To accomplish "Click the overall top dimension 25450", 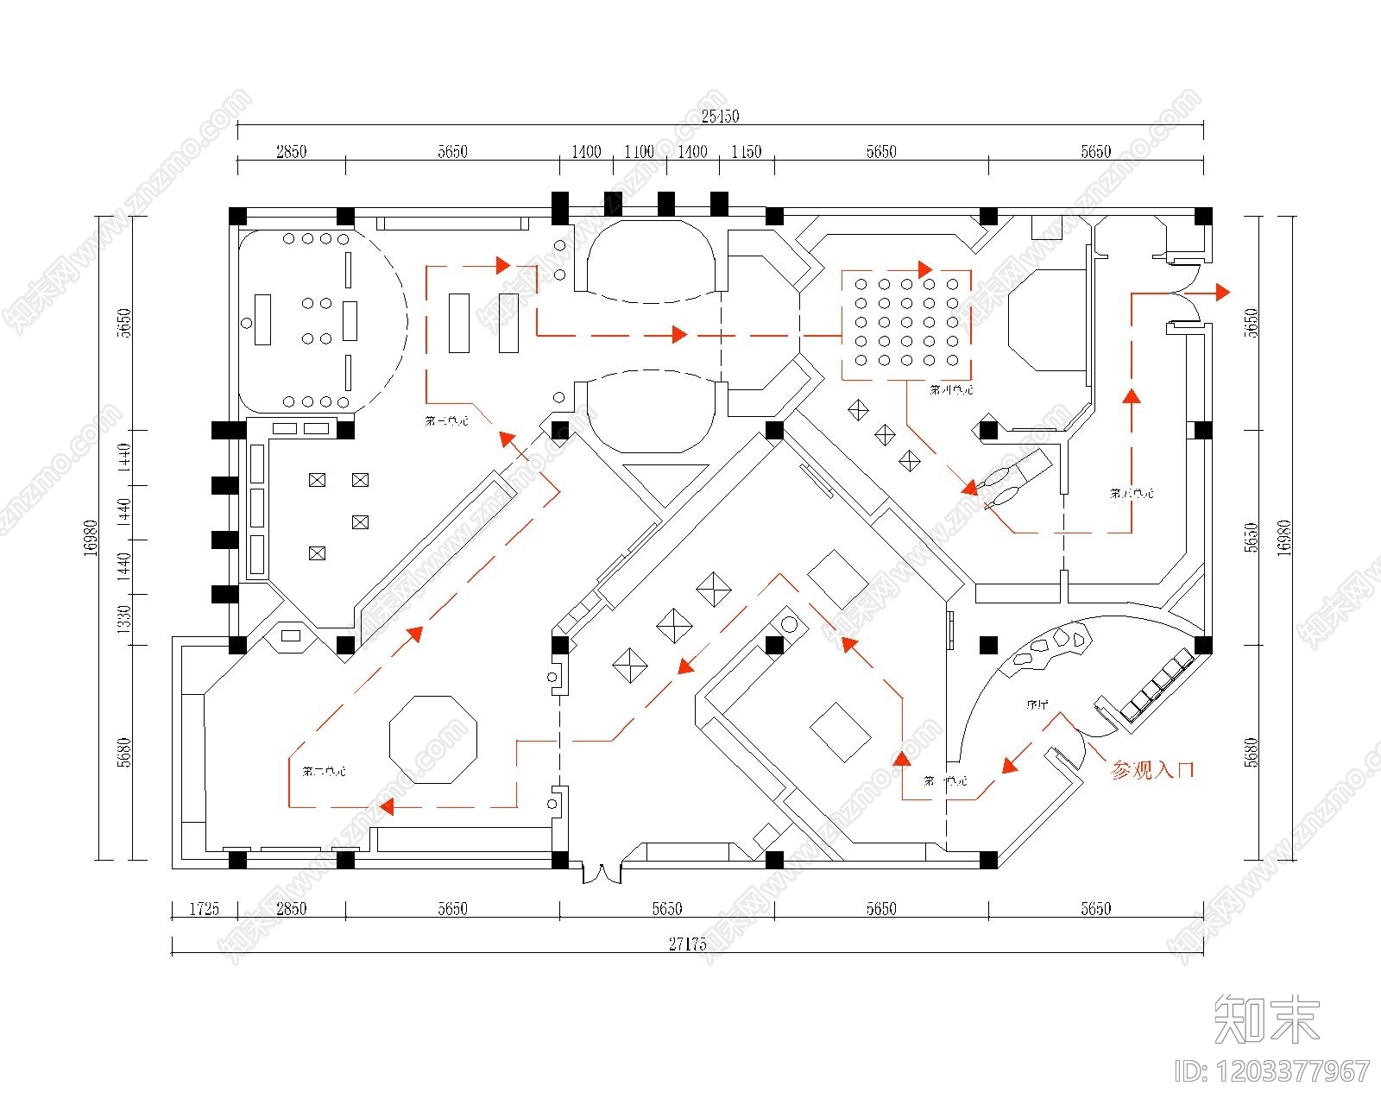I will (x=720, y=116).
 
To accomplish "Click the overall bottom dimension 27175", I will (x=687, y=944).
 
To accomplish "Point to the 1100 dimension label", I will (x=639, y=152).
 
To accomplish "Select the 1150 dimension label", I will (x=746, y=152).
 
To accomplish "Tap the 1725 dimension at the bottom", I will (x=204, y=908).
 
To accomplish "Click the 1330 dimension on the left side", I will (x=123, y=619).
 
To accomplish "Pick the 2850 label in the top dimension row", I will (x=291, y=152).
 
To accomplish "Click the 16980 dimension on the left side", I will (x=91, y=538).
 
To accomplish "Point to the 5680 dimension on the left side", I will (x=123, y=752).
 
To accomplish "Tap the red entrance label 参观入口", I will (x=1152, y=770).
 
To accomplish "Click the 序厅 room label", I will (x=1037, y=704).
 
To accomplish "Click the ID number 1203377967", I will (x=1272, y=1071).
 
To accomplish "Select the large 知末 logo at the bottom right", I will (x=1267, y=1020).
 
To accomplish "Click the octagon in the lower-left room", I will (x=433, y=739).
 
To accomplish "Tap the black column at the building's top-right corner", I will (x=1202, y=216).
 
